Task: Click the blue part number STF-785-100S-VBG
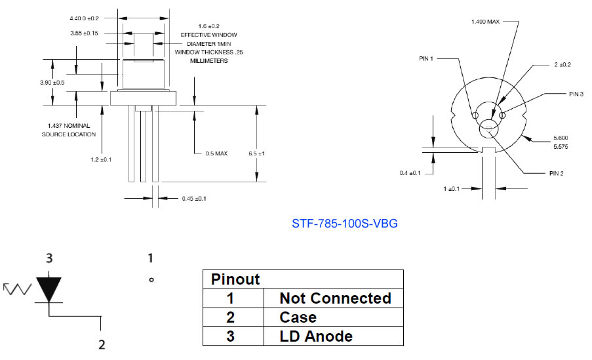[x=344, y=224]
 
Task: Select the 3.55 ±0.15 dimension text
[x=83, y=33]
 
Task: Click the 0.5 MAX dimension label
[x=216, y=153]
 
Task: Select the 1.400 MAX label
[x=485, y=22]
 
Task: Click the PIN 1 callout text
[x=426, y=58]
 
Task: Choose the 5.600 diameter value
[x=560, y=137]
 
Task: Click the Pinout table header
[x=235, y=279]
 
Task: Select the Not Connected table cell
[x=335, y=298]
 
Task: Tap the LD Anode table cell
[x=315, y=336]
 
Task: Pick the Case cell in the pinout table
[x=298, y=317]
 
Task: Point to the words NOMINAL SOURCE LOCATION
[x=69, y=130]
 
